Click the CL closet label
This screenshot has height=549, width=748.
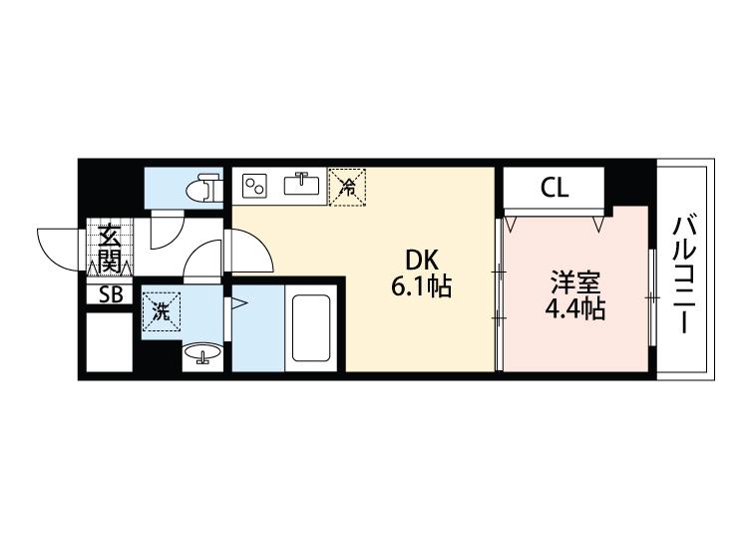555,187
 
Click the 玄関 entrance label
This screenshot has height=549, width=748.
109,249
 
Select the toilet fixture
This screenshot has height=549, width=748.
204,187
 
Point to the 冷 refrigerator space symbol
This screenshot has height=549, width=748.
349,185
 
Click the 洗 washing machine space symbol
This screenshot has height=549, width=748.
160,309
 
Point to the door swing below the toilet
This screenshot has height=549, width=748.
165,232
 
